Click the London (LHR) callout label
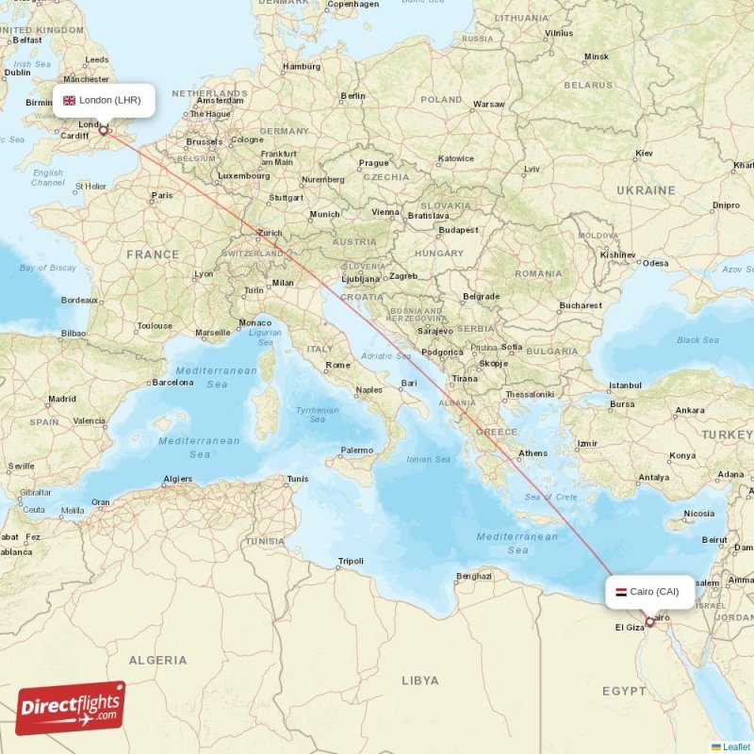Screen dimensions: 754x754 click(104, 100)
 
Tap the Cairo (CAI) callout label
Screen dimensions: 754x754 click(650, 592)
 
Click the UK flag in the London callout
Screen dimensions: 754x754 click(69, 100)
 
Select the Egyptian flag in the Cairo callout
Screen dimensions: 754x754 click(620, 592)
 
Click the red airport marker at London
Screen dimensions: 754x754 click(104, 131)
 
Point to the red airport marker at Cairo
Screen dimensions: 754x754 click(649, 622)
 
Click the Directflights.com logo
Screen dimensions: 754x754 click(71, 708)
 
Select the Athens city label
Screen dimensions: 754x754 click(533, 453)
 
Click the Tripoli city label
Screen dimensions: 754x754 click(351, 561)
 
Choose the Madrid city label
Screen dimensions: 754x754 click(62, 399)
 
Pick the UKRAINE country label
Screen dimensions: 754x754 click(646, 190)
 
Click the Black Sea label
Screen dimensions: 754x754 click(697, 340)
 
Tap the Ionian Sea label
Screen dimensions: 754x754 click(429, 459)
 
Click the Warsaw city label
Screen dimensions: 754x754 click(489, 105)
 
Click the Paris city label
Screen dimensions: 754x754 click(162, 196)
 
